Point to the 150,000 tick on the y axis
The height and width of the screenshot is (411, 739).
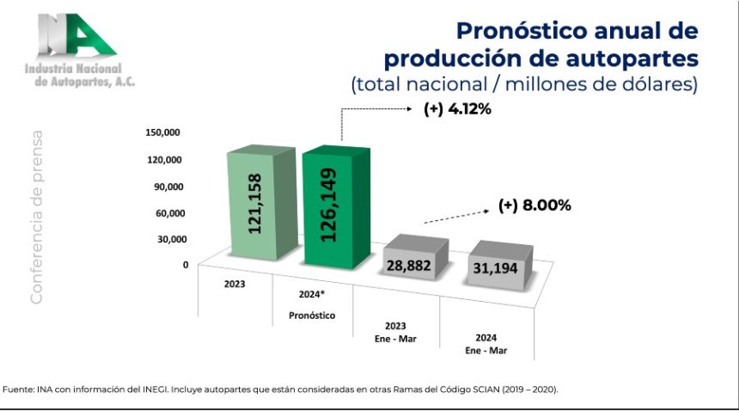click(162, 132)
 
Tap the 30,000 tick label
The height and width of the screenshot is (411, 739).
click(166, 239)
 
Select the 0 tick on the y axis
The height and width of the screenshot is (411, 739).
click(184, 265)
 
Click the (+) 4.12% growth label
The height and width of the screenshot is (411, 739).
click(456, 110)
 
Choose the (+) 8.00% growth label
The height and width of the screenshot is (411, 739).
click(534, 205)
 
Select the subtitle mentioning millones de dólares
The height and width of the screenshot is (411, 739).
click(525, 85)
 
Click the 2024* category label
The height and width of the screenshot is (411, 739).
click(311, 294)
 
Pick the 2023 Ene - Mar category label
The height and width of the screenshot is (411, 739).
click(396, 332)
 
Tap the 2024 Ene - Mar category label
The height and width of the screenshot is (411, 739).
click(486, 344)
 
